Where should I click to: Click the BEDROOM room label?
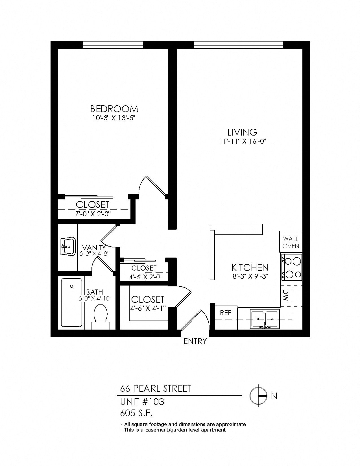(x=114, y=109)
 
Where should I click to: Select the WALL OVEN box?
(x=291, y=242)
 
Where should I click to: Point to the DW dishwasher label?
(x=286, y=295)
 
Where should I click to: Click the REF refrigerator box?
(x=226, y=313)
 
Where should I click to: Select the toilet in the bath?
(x=100, y=317)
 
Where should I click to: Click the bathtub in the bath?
(x=71, y=302)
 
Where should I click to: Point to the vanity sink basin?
(x=68, y=246)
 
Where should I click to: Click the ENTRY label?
(x=195, y=341)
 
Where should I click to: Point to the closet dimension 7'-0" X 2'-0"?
(x=93, y=214)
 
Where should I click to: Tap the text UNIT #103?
(x=142, y=402)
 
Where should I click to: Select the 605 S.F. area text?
(x=136, y=413)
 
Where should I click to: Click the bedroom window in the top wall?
(x=113, y=45)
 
